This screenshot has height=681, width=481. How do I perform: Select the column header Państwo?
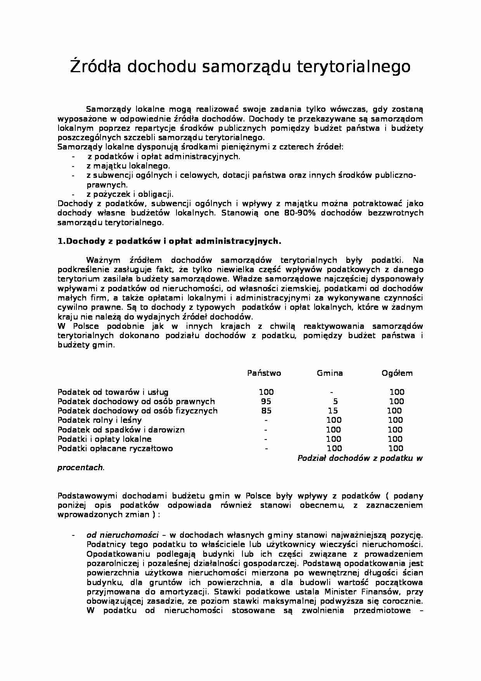(264, 374)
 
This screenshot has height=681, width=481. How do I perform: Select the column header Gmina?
(330, 374)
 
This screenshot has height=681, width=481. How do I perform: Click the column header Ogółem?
(397, 374)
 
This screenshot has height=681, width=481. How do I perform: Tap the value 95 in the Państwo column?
(266, 401)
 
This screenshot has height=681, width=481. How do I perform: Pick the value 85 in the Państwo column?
(266, 411)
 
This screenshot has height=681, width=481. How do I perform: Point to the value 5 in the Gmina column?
(335, 401)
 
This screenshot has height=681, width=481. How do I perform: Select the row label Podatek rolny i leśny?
(100, 420)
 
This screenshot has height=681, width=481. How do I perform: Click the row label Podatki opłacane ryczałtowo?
(115, 448)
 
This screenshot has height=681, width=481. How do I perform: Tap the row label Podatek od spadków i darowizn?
(121, 430)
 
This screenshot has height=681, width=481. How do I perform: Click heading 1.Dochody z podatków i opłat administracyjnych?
(169, 241)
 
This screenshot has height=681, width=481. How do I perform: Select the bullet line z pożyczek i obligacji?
(130, 194)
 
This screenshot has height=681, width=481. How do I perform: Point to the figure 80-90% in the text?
(296, 213)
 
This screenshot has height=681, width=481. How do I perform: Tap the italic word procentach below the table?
(80, 467)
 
